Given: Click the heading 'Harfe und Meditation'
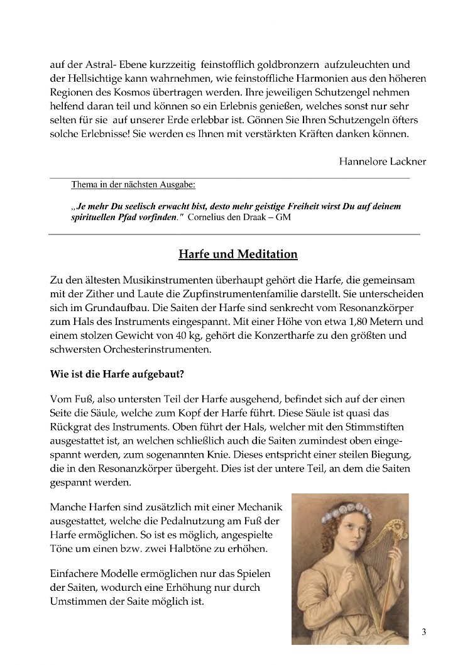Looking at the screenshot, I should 238,255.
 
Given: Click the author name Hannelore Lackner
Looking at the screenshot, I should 382,162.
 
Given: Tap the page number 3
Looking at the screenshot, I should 424,632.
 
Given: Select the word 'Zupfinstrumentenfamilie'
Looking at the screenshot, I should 233,294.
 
